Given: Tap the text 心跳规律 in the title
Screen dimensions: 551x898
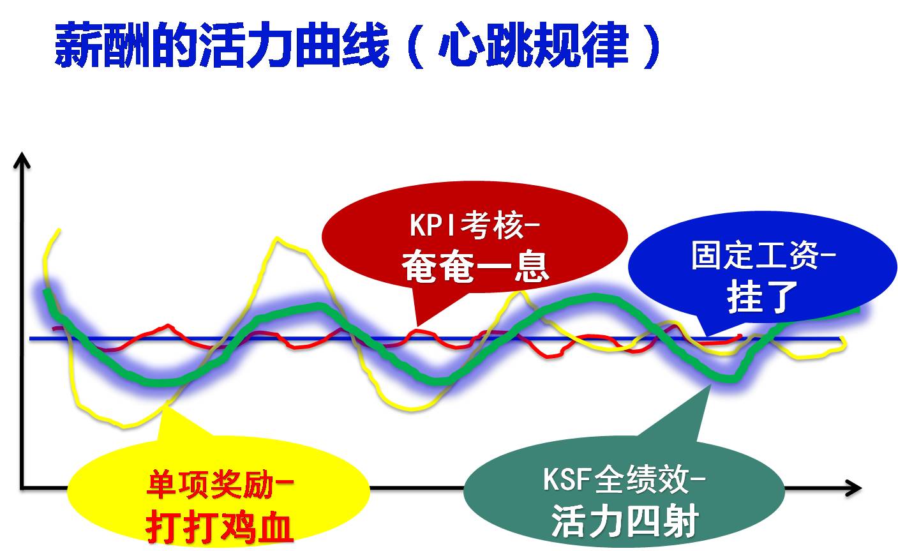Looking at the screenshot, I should click(534, 46).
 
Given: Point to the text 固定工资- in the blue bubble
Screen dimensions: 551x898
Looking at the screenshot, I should click(763, 255).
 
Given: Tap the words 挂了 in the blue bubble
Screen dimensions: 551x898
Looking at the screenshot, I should click(762, 296).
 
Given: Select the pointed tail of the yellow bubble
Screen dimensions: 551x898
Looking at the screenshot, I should click(168, 404).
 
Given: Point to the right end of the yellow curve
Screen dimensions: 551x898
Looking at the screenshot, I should click(845, 345).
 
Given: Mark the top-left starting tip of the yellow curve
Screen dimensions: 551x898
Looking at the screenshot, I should click(59, 229).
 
